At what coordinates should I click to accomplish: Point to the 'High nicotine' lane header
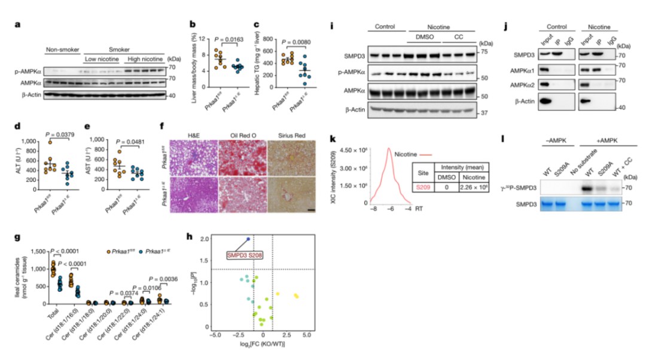144,60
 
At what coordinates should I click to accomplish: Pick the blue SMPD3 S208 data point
248,239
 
